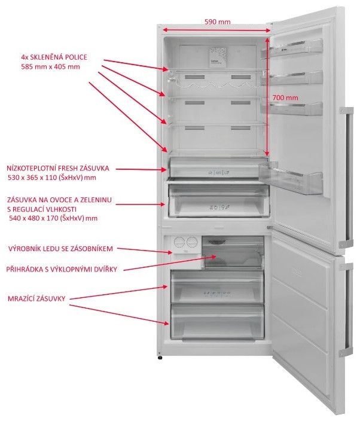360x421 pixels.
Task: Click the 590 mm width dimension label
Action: (x=217, y=22)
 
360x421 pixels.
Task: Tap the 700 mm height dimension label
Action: (x=285, y=97)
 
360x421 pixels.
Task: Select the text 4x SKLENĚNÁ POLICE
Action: (x=54, y=57)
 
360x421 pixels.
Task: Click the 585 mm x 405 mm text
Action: (x=50, y=67)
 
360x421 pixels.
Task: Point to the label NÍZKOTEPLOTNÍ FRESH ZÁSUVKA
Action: (x=58, y=169)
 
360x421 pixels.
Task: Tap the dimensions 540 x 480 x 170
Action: (x=53, y=219)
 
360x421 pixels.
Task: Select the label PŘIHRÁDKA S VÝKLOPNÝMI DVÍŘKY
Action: (x=62, y=270)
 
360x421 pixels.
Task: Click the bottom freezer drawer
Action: (x=217, y=321)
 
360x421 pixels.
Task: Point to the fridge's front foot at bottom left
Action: (x=160, y=358)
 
